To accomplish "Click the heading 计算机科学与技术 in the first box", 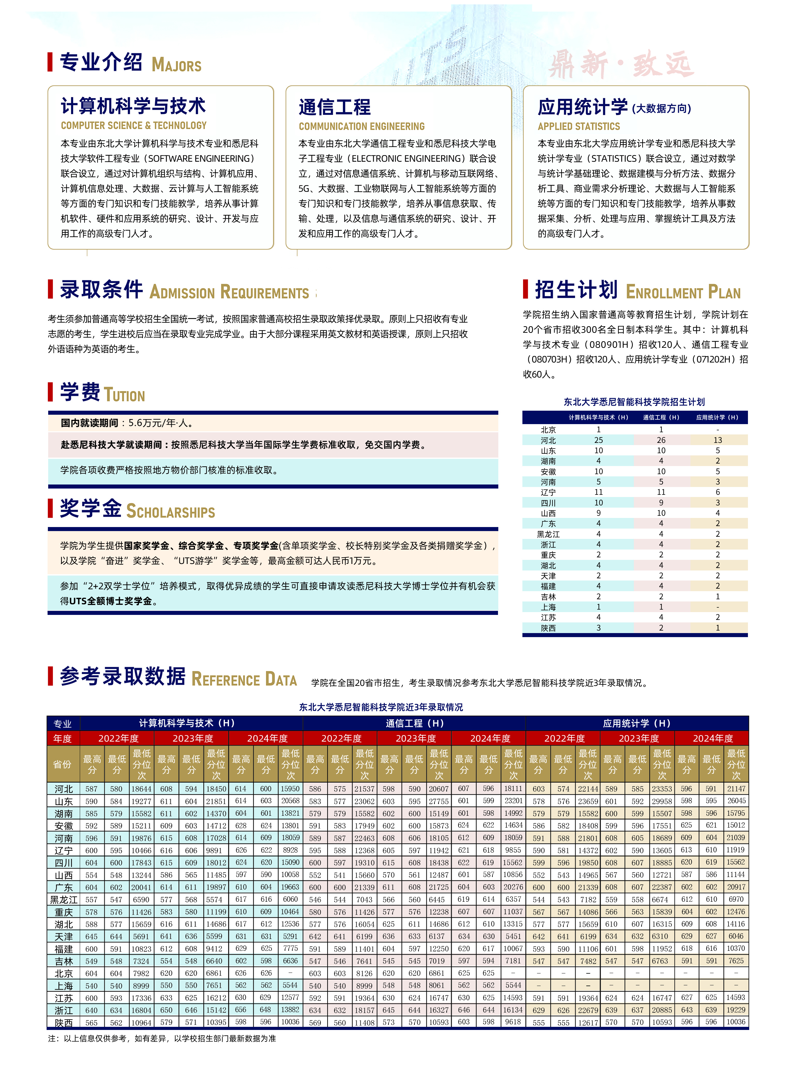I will coord(133,106).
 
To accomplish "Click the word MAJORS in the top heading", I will coord(176,65).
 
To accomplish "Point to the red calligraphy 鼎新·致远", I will coord(621,64).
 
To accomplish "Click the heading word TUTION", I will coord(124,396).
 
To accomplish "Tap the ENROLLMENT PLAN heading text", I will coord(683,292).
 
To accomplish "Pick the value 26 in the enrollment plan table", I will coord(661,440).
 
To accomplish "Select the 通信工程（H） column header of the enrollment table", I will coord(661,417).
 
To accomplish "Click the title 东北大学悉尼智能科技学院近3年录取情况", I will coord(381,707).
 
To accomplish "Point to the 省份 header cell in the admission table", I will coord(62,764).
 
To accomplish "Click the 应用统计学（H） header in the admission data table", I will coord(637,723).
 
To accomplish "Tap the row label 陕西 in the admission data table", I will coord(63,1023).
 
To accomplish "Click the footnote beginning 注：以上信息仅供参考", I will coord(162,1038).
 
